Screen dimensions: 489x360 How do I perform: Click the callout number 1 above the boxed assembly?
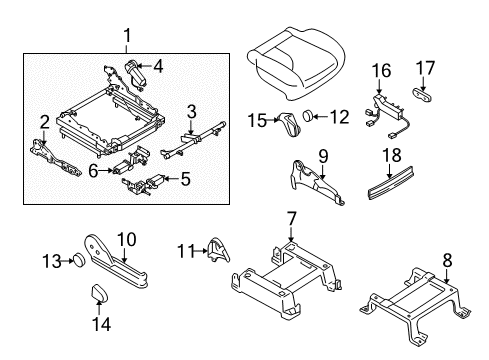[127, 36]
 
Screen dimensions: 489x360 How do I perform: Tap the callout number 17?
[425, 68]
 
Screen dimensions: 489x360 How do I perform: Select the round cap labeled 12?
[308, 116]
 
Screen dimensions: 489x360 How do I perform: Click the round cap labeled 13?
[79, 260]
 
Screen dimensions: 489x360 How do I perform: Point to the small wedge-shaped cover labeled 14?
[99, 293]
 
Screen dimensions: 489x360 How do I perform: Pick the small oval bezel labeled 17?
[422, 94]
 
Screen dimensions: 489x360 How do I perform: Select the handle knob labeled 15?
[290, 124]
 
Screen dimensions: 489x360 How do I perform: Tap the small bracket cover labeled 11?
[219, 250]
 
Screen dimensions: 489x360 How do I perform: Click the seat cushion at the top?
[295, 63]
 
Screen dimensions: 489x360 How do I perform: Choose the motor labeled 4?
[136, 74]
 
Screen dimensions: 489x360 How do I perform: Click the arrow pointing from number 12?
[320, 117]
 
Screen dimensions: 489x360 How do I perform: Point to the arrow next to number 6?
[106, 170]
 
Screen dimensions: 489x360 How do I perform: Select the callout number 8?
[447, 260]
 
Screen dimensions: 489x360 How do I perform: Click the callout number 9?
[323, 157]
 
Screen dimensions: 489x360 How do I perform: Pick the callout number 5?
[185, 179]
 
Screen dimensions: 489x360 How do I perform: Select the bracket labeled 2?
[56, 159]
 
